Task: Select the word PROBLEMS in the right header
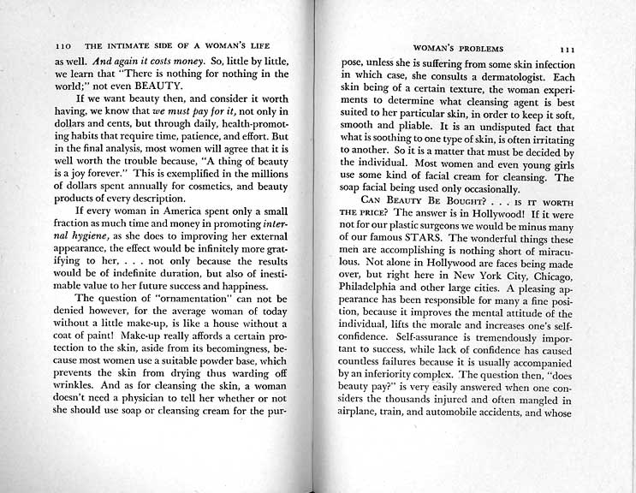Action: coord(488,49)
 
